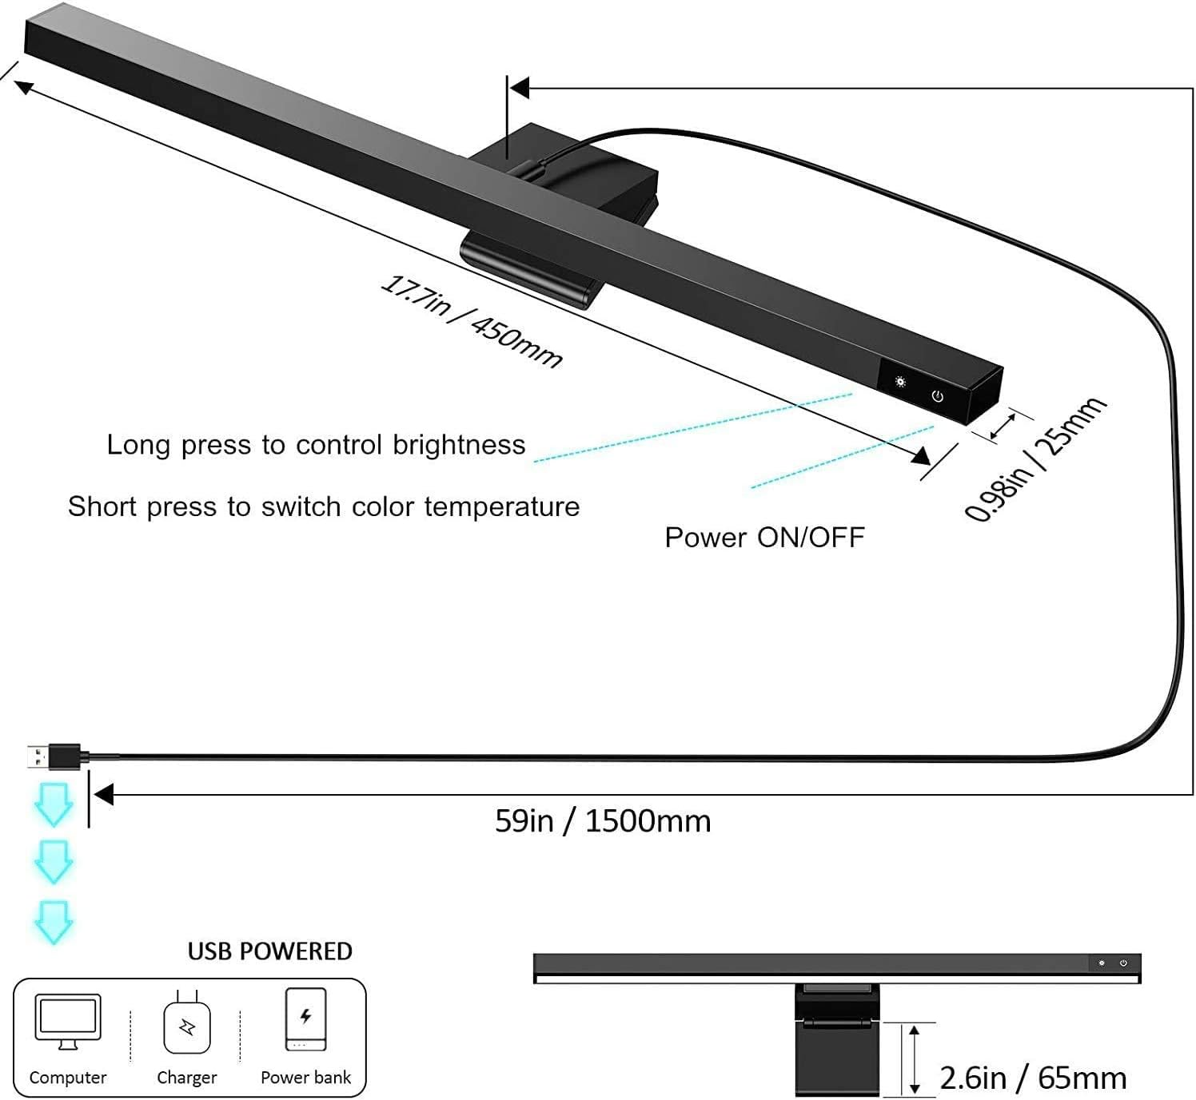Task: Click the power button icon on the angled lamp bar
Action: (937, 396)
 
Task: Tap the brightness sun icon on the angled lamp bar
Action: (900, 382)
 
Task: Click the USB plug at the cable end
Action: (53, 756)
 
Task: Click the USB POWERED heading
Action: (269, 951)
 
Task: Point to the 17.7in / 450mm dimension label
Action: (471, 321)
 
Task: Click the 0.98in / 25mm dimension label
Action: (1035, 460)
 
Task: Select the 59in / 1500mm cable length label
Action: (603, 821)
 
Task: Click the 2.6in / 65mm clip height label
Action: (1033, 1078)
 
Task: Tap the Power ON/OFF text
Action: (764, 538)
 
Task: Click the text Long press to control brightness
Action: (316, 445)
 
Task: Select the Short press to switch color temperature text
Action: (324, 506)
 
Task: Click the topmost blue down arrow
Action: (54, 804)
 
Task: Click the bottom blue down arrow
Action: (54, 922)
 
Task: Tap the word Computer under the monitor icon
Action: (68, 1078)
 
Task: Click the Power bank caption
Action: (305, 1078)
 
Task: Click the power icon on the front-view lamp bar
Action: (1123, 963)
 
